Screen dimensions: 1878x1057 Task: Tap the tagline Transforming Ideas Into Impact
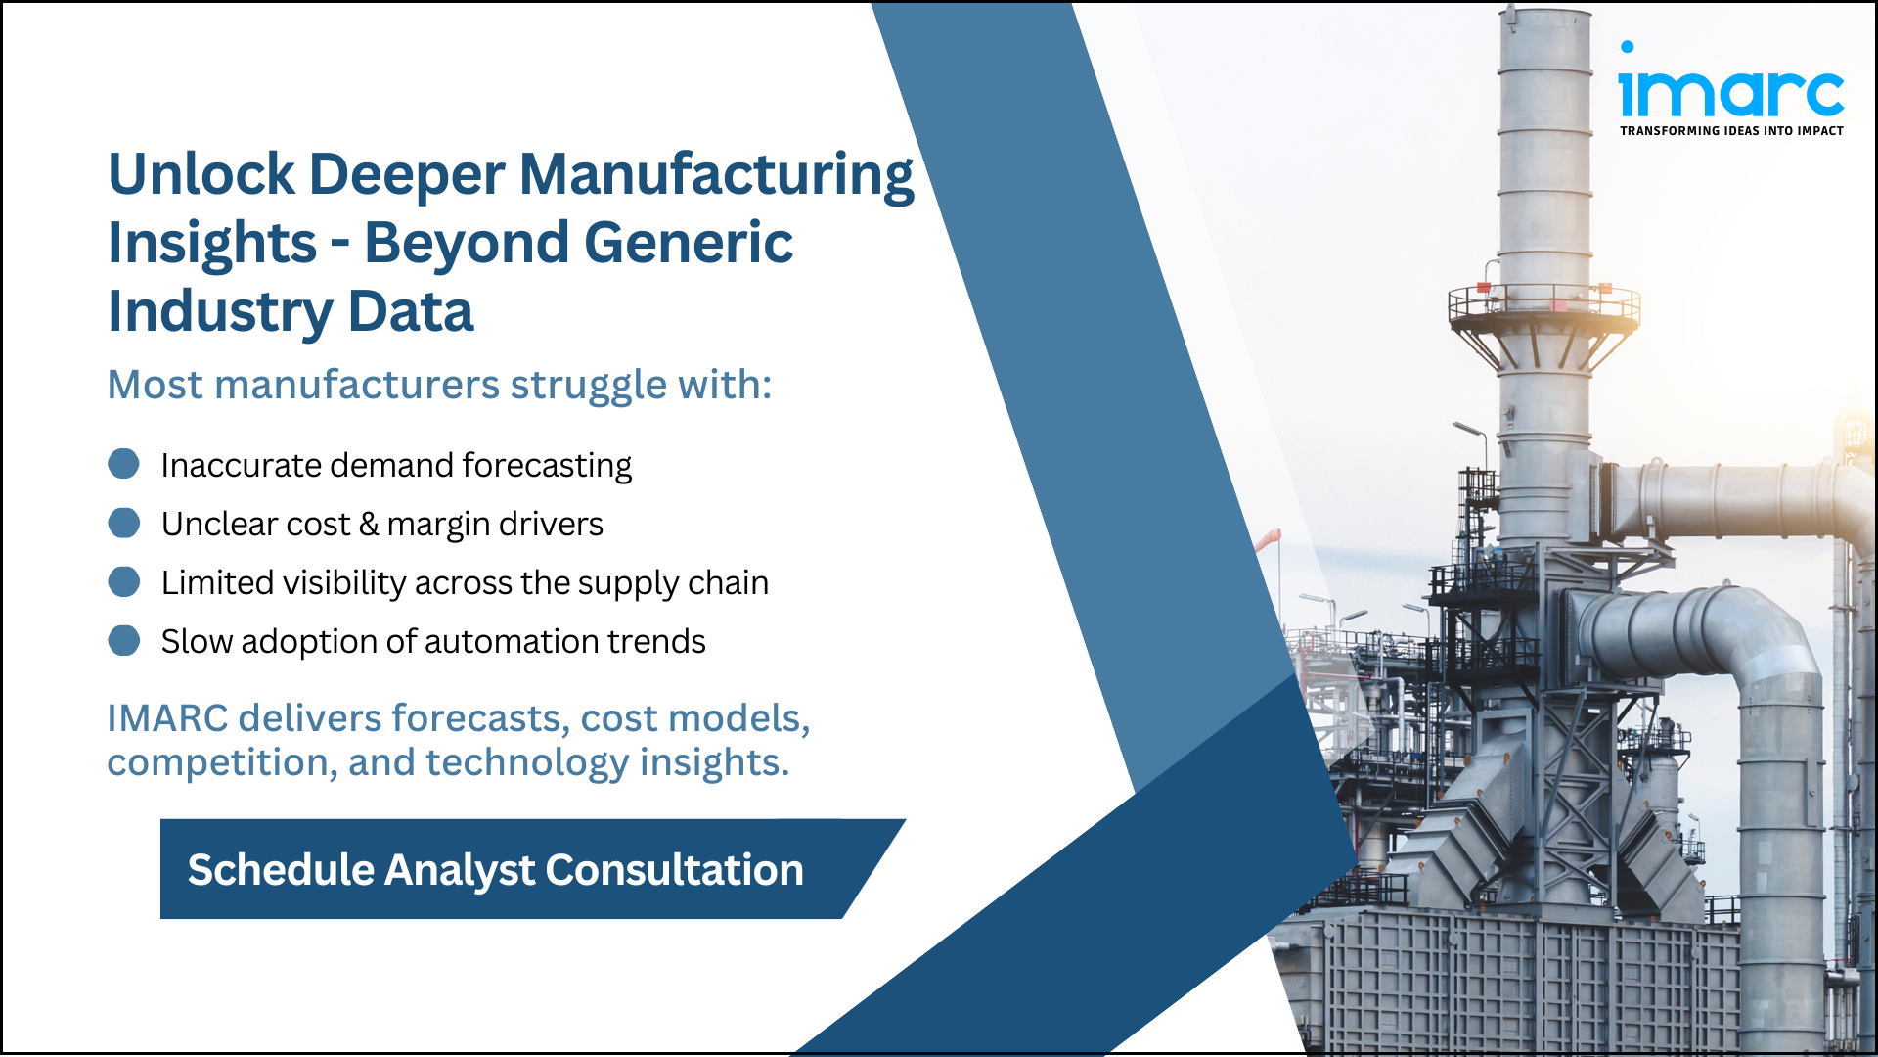[x=1731, y=130]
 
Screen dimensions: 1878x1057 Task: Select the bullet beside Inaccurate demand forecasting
[x=123, y=464]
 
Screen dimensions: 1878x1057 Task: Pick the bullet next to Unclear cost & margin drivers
[x=123, y=523]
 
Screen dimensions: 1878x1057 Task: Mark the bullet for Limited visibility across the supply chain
[x=123, y=581]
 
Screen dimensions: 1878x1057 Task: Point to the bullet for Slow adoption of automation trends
[x=123, y=640]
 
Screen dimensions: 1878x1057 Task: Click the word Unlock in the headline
[x=201, y=174]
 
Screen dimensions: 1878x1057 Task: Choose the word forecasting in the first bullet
[x=547, y=466]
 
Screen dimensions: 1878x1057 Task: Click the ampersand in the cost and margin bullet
[x=369, y=525]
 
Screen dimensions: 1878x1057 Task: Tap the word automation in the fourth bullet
[x=512, y=642]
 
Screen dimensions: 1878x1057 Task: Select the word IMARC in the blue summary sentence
[x=167, y=718]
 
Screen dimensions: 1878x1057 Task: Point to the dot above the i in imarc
[x=1627, y=47]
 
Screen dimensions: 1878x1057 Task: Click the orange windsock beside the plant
[x=1269, y=539]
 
